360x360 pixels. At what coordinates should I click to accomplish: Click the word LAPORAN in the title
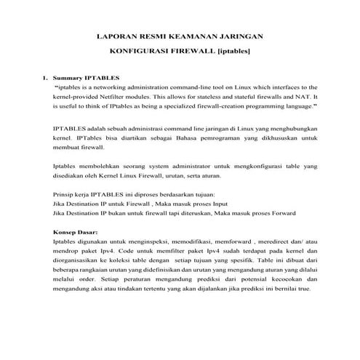118,36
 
